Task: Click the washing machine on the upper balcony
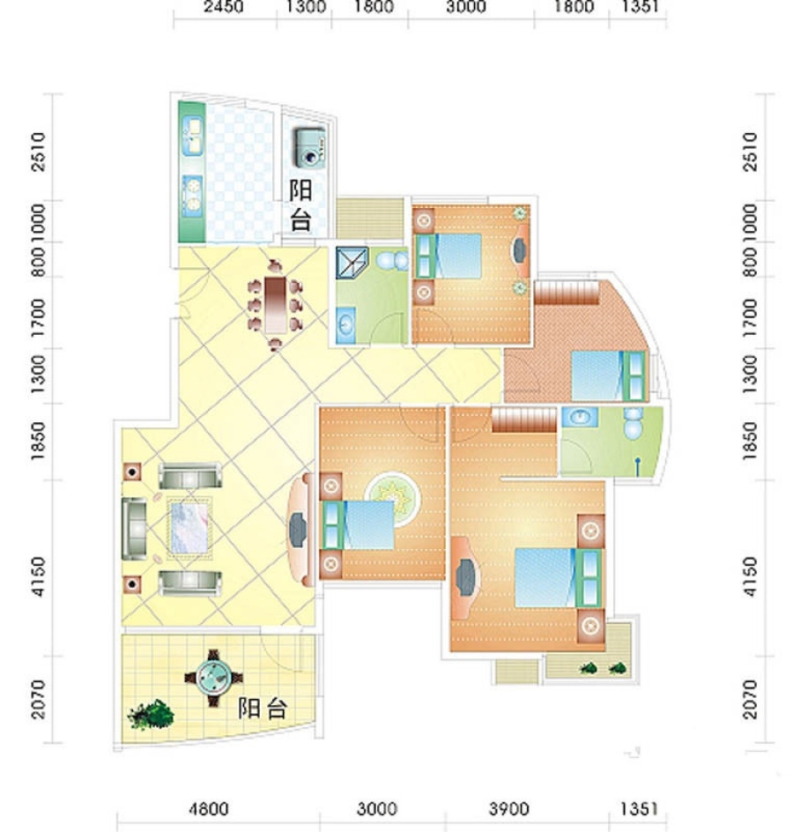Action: (x=309, y=148)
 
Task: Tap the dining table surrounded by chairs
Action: (x=275, y=305)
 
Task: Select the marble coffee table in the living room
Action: (x=189, y=528)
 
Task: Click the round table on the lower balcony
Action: (x=213, y=677)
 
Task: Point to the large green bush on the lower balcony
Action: (x=152, y=714)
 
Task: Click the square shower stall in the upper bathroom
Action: (x=352, y=263)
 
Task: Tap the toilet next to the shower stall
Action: (x=392, y=261)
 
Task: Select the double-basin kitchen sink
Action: (x=193, y=137)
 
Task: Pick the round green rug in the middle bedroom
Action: (x=392, y=499)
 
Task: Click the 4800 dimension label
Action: (x=209, y=809)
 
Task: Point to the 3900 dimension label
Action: (x=508, y=809)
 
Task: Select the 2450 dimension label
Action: (x=224, y=7)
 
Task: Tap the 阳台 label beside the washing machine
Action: (x=300, y=204)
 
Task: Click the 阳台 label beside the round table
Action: (x=263, y=709)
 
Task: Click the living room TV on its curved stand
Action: (x=298, y=529)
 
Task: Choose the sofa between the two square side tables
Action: (x=134, y=529)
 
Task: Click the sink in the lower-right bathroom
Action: (x=580, y=417)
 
